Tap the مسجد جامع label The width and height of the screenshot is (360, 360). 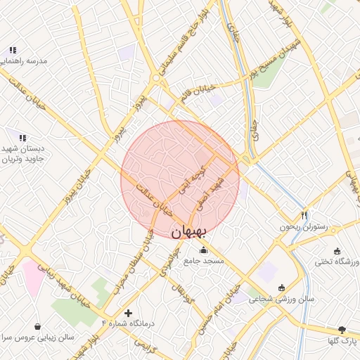click(204, 261)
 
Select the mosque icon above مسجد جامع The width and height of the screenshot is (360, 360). click(204, 250)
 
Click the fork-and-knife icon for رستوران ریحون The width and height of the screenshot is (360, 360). click(304, 215)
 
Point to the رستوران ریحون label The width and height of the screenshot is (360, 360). click(304, 227)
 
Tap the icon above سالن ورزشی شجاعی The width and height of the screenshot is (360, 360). click(282, 287)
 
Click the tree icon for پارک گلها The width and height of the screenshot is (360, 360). click(342, 330)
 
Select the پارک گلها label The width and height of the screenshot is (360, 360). click(342, 341)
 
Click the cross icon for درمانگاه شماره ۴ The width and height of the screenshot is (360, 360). click(128, 312)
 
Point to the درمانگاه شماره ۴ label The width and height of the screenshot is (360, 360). click(128, 323)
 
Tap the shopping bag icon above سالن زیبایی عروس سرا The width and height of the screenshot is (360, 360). click(37, 326)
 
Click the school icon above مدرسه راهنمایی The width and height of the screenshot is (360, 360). click(13, 51)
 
